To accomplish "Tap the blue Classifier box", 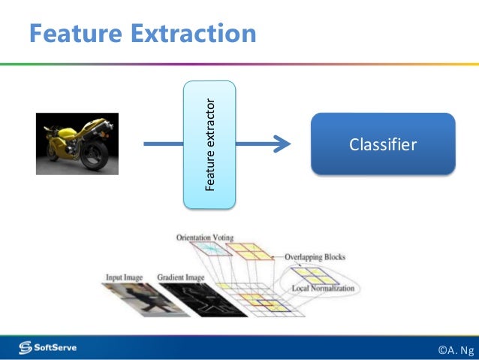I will (x=383, y=144).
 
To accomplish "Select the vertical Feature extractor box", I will (x=209, y=144).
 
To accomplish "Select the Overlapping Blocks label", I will (x=315, y=257).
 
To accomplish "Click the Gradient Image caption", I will (x=181, y=277).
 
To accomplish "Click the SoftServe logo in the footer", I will (x=53, y=346).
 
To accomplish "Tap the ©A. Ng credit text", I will (x=456, y=349).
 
